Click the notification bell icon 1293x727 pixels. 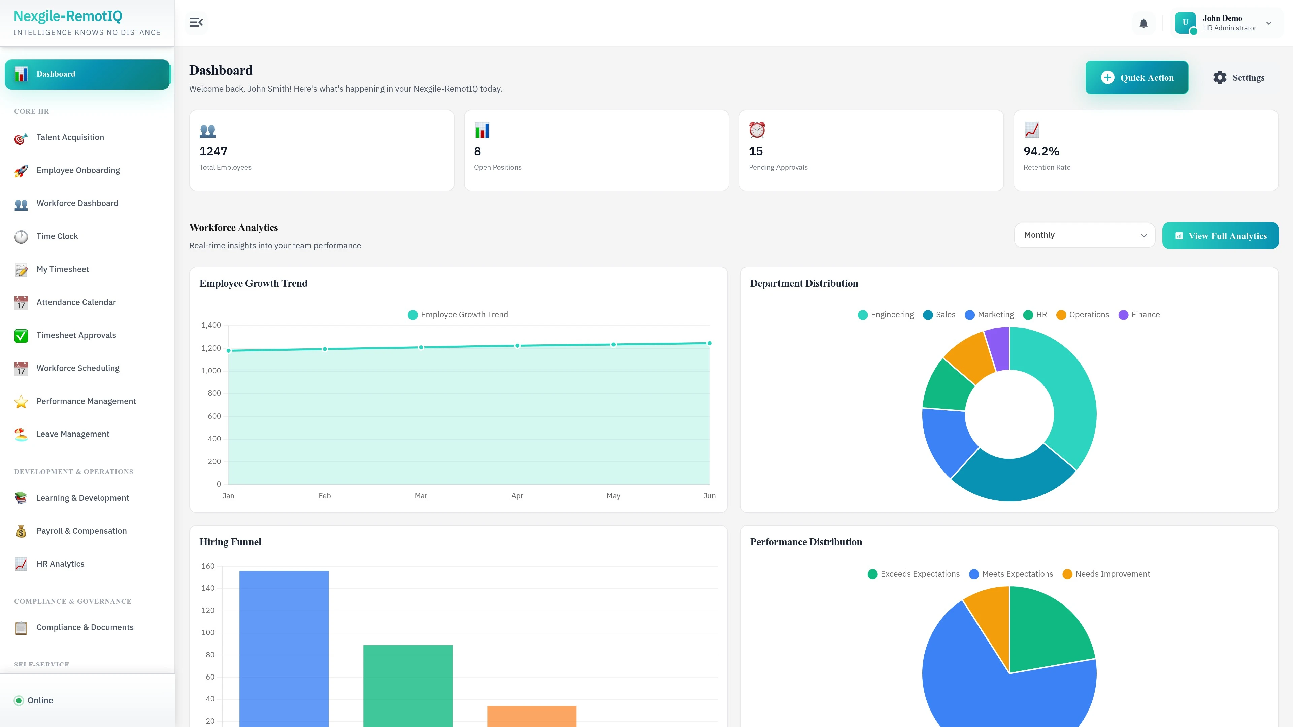tap(1143, 23)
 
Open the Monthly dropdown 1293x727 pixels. tap(1084, 235)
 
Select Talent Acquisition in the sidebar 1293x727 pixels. tap(70, 137)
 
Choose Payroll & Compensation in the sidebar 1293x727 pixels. tap(81, 531)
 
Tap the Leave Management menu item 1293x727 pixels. tap(73, 434)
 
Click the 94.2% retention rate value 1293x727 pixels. tap(1041, 151)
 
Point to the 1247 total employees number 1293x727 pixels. tap(213, 151)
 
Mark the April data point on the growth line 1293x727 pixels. tap(517, 346)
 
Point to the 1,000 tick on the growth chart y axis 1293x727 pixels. tap(211, 371)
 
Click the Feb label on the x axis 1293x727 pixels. tap(325, 496)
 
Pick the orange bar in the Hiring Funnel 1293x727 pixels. tap(532, 716)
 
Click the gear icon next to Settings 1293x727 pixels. tap(1220, 78)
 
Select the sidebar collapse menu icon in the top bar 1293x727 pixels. tap(196, 23)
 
